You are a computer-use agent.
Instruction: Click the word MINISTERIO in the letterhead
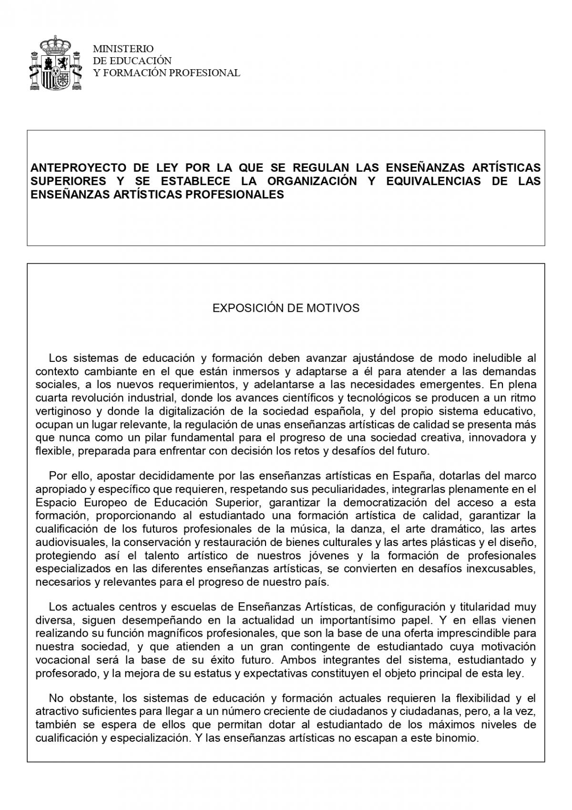click(x=123, y=49)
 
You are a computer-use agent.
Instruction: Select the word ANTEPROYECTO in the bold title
click(x=79, y=168)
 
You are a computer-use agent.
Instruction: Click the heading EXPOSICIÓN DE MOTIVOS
click(x=286, y=308)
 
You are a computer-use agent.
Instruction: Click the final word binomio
click(x=460, y=738)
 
